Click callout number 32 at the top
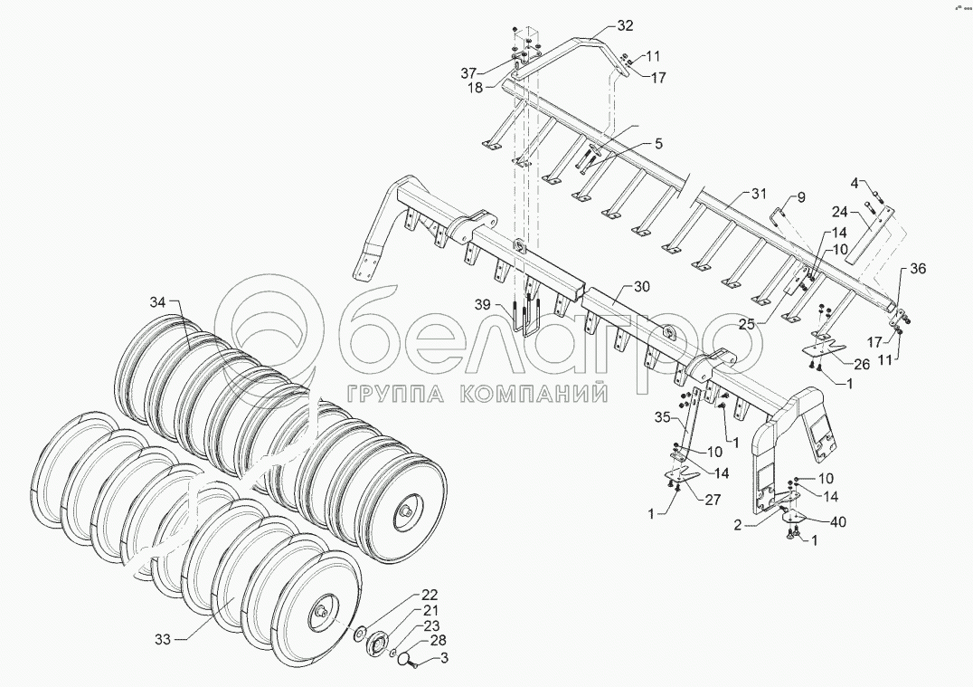coord(626,25)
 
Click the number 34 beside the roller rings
coord(159,301)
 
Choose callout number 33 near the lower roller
coord(162,639)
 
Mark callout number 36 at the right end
coord(918,269)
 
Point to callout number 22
coord(429,595)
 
